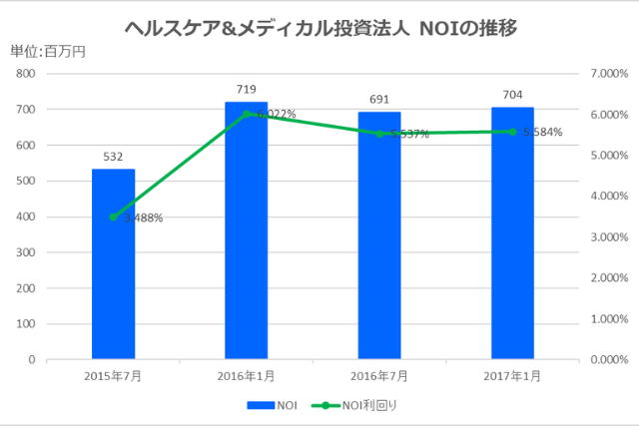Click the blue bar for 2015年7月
(x=113, y=264)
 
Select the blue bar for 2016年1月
(x=246, y=230)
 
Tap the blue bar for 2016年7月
(x=379, y=235)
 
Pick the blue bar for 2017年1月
(x=512, y=233)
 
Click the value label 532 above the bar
(x=113, y=157)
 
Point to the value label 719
(x=246, y=90)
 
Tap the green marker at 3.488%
(x=113, y=216)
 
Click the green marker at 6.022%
(x=246, y=114)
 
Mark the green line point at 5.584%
(x=512, y=132)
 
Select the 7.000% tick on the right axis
(x=606, y=74)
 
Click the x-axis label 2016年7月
(x=379, y=376)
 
